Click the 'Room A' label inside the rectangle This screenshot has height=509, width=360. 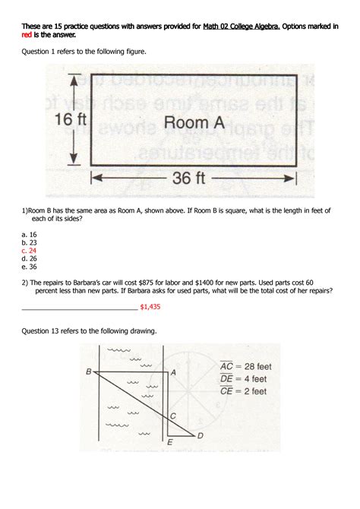coord(190,122)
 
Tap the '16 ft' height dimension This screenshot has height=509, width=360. coord(73,119)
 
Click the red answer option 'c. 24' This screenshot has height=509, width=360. coord(29,250)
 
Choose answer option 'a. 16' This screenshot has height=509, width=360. coord(29,235)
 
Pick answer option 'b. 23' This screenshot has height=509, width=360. coord(29,242)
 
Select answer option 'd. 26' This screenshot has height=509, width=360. coord(29,258)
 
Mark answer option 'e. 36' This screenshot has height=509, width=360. coord(29,267)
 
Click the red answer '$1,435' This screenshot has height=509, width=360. coord(150,307)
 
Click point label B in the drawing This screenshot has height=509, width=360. coord(89,371)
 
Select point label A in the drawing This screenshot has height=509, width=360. coord(174,372)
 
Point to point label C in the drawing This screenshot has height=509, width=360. coord(173,416)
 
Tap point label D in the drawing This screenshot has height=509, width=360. coord(201,435)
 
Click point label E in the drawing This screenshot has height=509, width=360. coord(169,441)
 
